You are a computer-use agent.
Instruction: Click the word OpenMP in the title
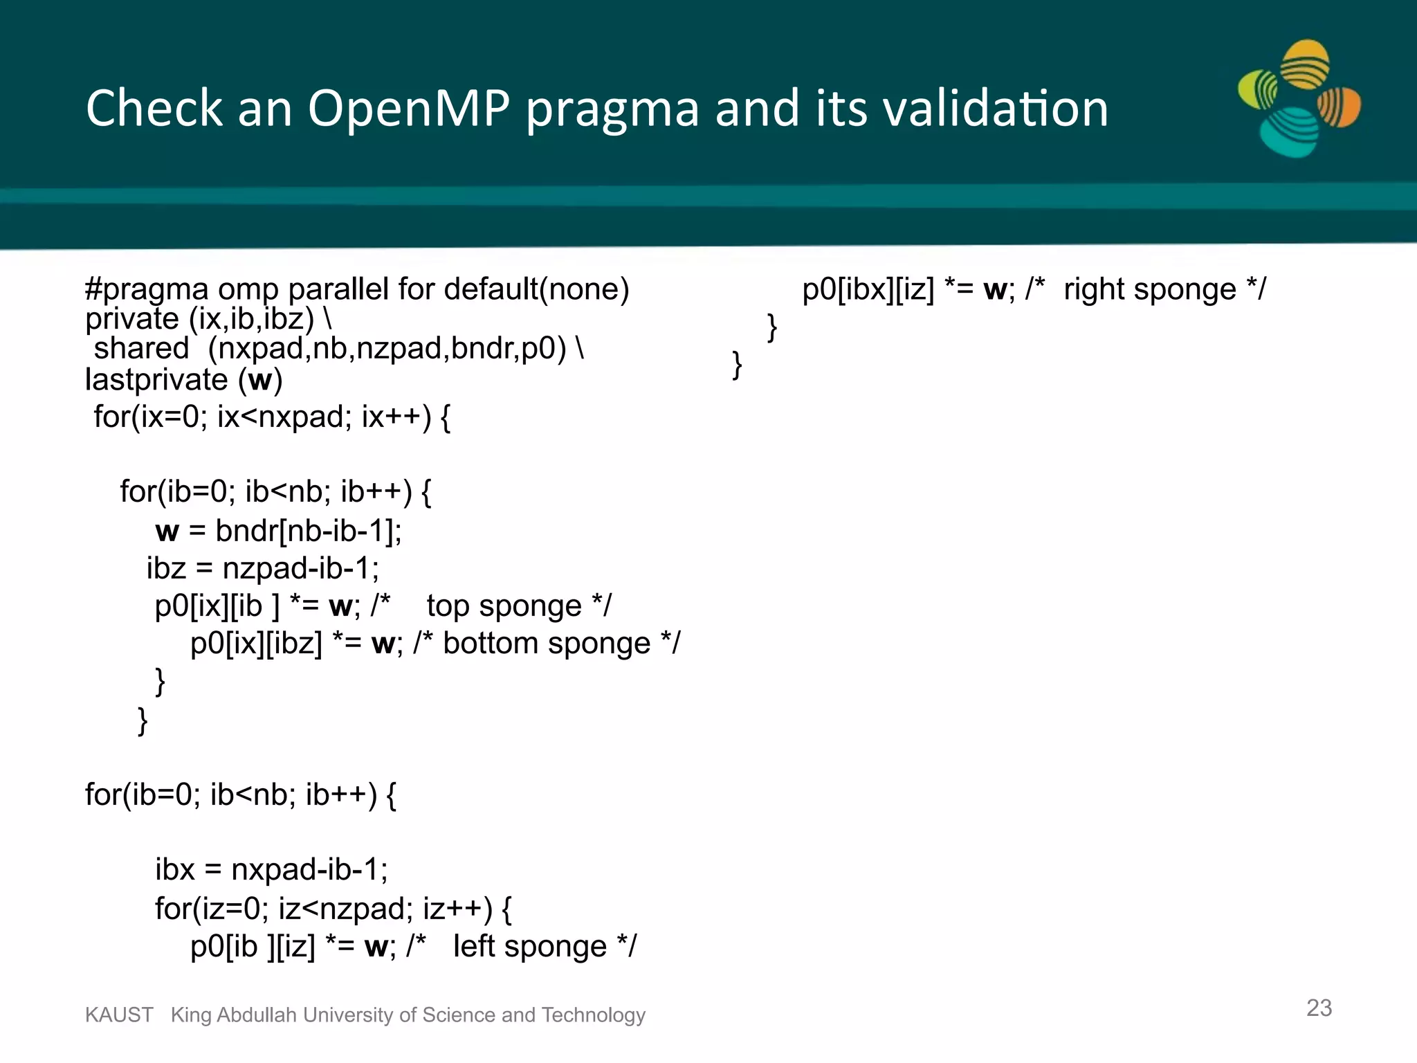click(x=408, y=109)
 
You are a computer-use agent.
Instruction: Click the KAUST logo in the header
click(x=1299, y=99)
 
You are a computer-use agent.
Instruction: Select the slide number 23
click(x=1319, y=1008)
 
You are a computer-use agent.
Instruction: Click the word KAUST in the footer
click(x=119, y=1015)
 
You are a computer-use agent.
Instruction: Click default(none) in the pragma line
click(x=536, y=289)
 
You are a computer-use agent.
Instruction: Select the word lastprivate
click(x=156, y=380)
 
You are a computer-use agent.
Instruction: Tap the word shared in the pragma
click(x=141, y=348)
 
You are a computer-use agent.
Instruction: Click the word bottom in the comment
click(x=490, y=644)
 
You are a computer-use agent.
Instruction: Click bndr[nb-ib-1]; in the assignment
click(x=309, y=531)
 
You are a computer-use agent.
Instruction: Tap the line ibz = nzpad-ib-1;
click(x=263, y=569)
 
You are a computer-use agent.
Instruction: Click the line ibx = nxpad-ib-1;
click(x=271, y=870)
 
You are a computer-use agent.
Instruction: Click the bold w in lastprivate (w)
click(x=260, y=380)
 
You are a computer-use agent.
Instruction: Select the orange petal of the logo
click(x=1340, y=107)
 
